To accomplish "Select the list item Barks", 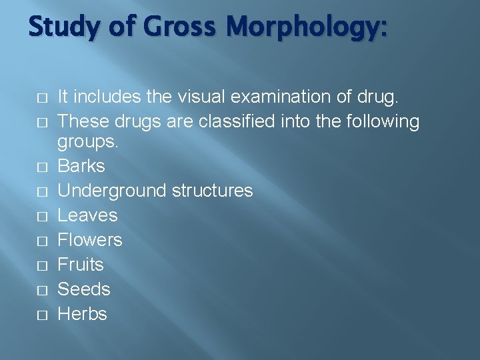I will [x=81, y=166].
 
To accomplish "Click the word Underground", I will [x=113, y=191].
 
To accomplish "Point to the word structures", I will [x=213, y=191].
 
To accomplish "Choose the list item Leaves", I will [x=87, y=215].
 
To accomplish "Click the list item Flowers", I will [x=90, y=240].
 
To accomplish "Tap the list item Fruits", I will [x=81, y=265].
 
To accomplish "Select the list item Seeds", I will [x=83, y=289].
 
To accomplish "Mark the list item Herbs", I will [x=83, y=314].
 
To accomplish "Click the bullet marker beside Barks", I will [x=42, y=167].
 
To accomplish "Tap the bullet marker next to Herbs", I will [x=42, y=315].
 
